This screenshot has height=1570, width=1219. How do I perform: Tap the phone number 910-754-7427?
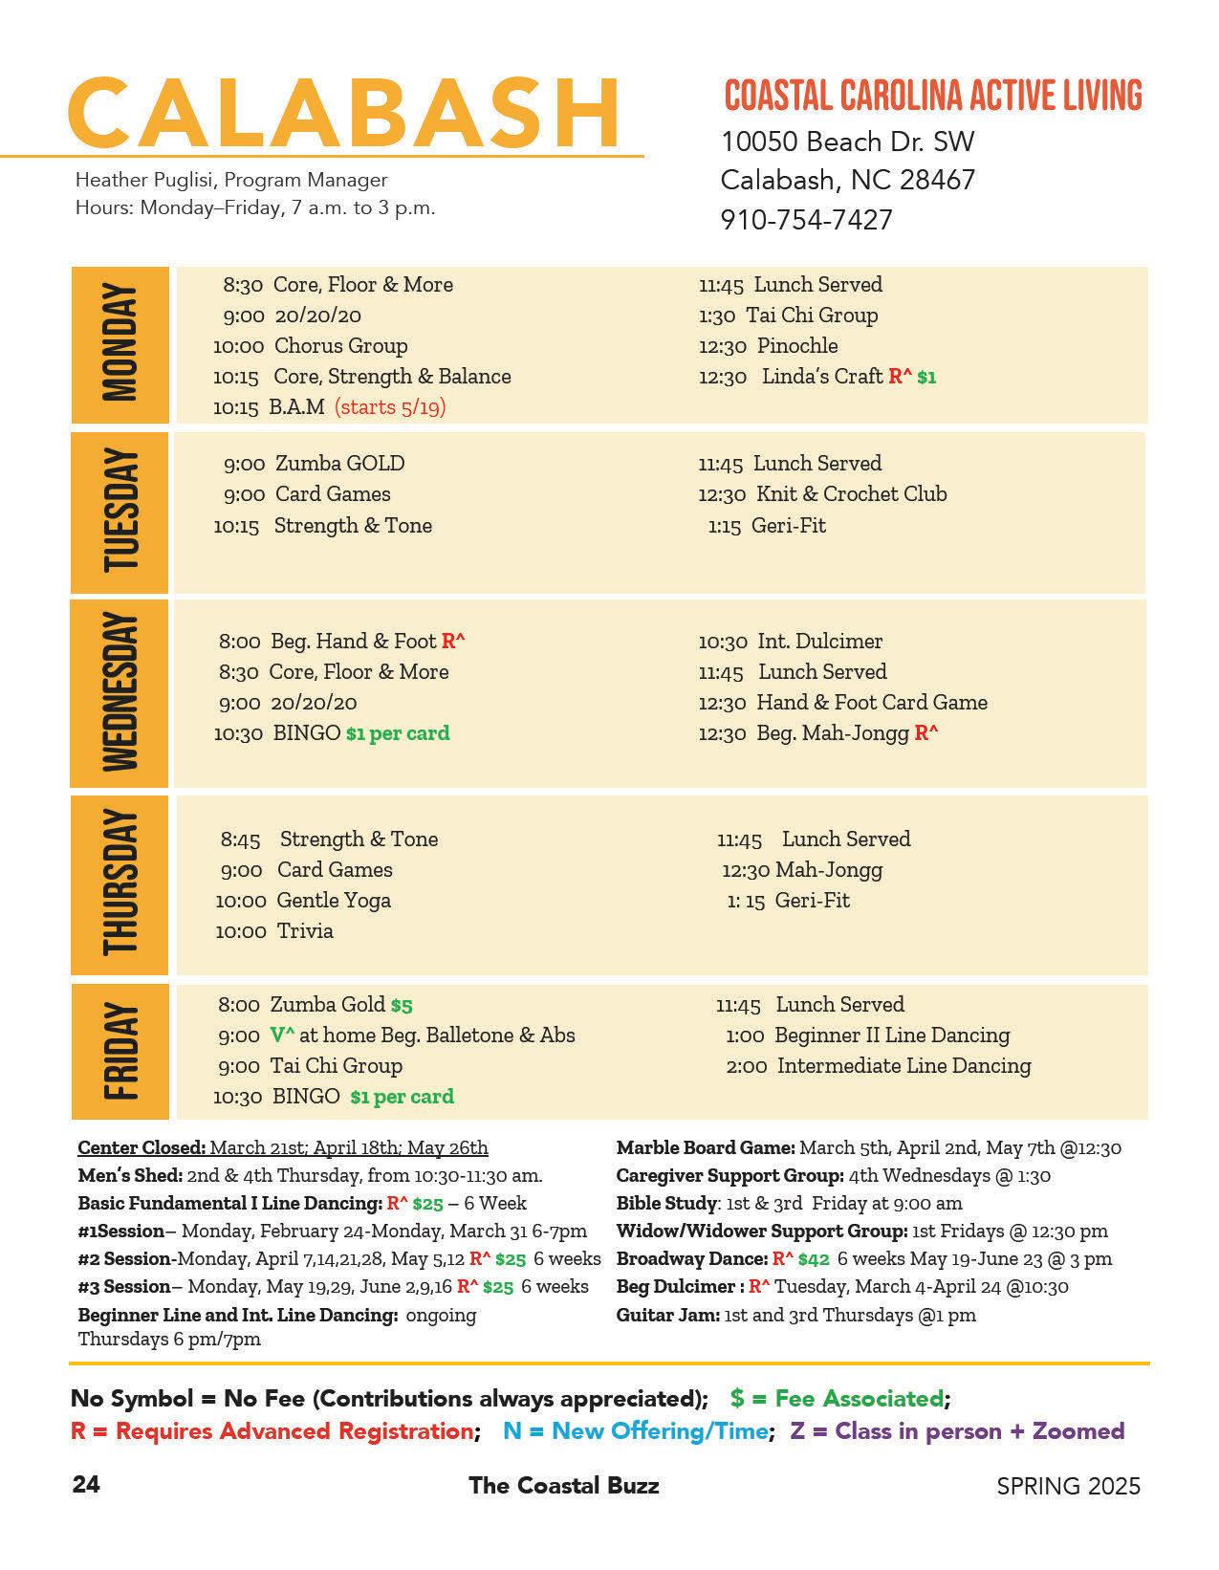click(x=806, y=220)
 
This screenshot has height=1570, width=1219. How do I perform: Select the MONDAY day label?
click(x=120, y=344)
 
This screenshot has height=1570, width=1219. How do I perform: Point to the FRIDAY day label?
click(x=120, y=1050)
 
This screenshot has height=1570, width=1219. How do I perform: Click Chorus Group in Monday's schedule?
click(x=340, y=346)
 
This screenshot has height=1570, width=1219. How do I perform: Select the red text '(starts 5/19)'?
click(x=390, y=407)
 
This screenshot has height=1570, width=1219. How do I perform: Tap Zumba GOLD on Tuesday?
click(x=339, y=464)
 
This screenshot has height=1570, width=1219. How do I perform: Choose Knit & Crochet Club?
click(x=851, y=494)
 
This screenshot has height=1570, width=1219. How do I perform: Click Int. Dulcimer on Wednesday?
click(x=819, y=642)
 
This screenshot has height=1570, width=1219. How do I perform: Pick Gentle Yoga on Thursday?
click(x=334, y=901)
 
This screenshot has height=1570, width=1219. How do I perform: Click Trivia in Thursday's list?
click(x=305, y=931)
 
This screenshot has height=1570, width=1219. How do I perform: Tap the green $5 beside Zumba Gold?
click(x=402, y=1006)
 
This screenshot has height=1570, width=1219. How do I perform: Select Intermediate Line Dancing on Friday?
click(x=903, y=1066)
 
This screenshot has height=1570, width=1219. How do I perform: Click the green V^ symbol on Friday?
click(x=282, y=1036)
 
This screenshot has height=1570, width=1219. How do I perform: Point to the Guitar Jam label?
click(x=667, y=1316)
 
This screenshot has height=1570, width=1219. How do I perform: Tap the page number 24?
click(x=86, y=1485)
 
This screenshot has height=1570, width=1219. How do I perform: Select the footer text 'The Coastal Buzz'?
click(x=563, y=1486)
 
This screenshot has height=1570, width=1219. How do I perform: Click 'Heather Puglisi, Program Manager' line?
click(x=231, y=180)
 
